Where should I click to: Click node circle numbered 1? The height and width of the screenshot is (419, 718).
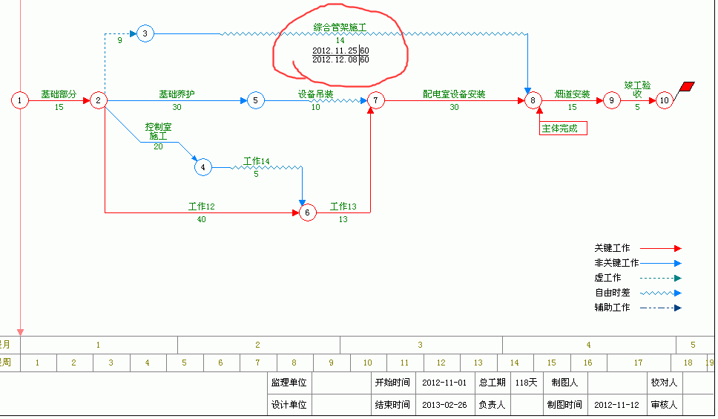pyautogui.click(x=20, y=100)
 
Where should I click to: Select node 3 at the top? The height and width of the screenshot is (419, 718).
pyautogui.click(x=145, y=33)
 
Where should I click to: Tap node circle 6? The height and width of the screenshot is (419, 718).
pyautogui.click(x=308, y=213)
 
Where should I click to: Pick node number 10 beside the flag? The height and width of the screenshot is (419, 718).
pyautogui.click(x=665, y=100)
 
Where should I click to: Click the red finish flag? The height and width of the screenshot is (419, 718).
pyautogui.click(x=688, y=86)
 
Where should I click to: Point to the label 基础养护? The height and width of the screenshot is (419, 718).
pyautogui.click(x=177, y=94)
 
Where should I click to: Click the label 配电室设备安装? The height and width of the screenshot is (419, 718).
pyautogui.click(x=454, y=94)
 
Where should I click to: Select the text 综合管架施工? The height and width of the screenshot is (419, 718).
pyautogui.click(x=340, y=27)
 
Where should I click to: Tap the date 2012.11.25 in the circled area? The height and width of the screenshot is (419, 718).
pyautogui.click(x=335, y=51)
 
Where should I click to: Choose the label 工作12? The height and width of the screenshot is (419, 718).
pyautogui.click(x=201, y=207)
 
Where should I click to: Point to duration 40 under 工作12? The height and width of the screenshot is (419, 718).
pyautogui.click(x=201, y=219)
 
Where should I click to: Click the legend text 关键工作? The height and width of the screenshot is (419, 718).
pyautogui.click(x=612, y=248)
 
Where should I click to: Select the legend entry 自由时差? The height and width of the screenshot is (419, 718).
pyautogui.click(x=612, y=293)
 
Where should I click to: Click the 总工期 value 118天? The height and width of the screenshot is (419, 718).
pyautogui.click(x=527, y=383)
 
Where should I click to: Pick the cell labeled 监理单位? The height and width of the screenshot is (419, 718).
pyautogui.click(x=289, y=383)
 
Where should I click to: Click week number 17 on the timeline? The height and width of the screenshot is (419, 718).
pyautogui.click(x=638, y=363)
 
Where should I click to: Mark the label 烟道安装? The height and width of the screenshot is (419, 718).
pyautogui.click(x=572, y=94)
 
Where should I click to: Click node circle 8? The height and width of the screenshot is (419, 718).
pyautogui.click(x=533, y=100)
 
